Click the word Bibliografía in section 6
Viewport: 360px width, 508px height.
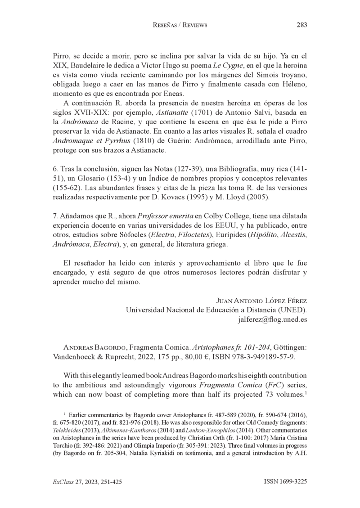pos(238,168)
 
